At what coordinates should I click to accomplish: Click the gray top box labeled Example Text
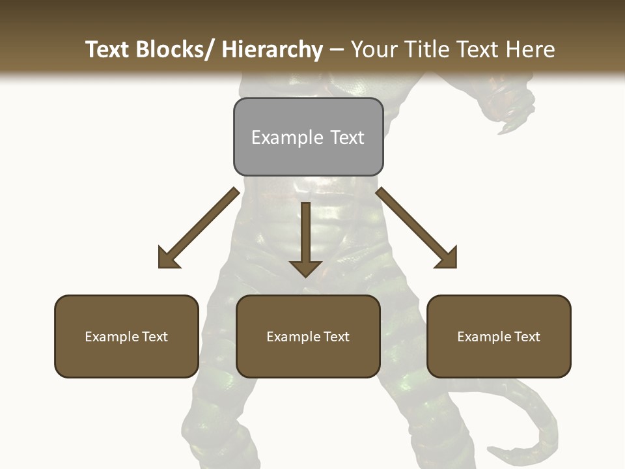coord(308,137)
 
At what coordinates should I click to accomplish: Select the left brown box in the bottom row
coord(126,336)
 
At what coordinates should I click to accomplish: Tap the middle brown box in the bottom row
coord(308,336)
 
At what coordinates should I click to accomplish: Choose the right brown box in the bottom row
coord(499,336)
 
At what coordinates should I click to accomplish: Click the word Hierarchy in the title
coord(272,50)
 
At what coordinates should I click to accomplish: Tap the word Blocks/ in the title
coord(174,50)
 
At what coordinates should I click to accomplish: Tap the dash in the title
coord(337,50)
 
